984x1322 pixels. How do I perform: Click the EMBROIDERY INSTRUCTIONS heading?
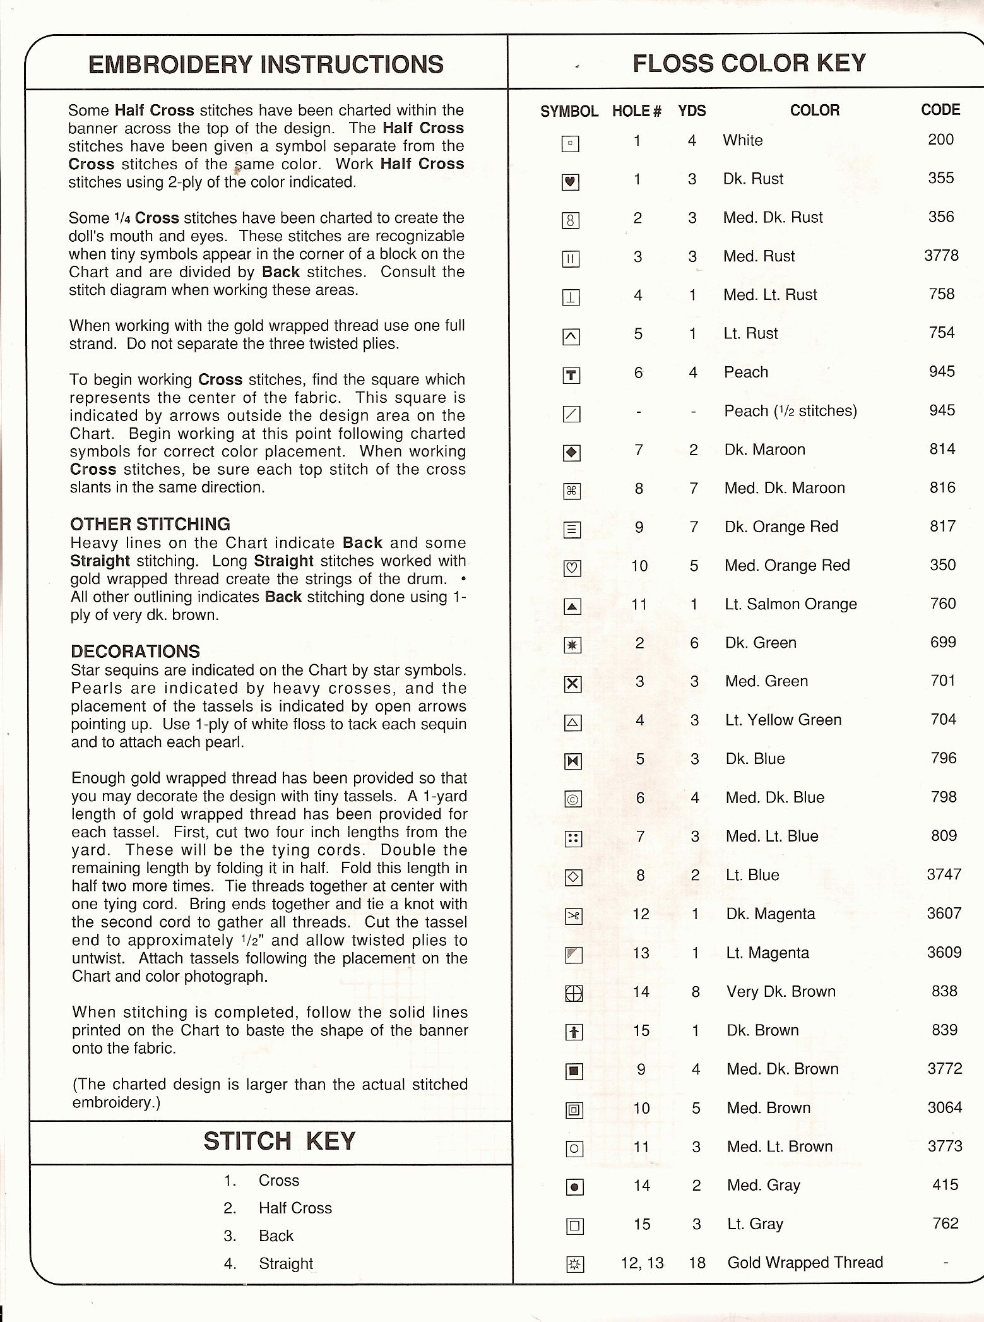pos(266,64)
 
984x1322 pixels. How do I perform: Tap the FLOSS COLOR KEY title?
pos(749,63)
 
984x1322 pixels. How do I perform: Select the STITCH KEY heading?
pos(279,1141)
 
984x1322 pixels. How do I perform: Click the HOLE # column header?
pos(636,112)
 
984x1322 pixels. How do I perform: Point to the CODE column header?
pos(940,110)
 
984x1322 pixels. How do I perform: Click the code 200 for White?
pos(940,140)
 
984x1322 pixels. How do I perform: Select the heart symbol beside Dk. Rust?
pos(571,182)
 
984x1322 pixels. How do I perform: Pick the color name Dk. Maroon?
pos(764,450)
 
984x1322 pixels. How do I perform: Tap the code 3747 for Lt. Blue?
pos(944,874)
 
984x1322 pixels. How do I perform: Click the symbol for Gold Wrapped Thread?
pos(574,1264)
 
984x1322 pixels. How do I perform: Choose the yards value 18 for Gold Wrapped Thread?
pos(697,1263)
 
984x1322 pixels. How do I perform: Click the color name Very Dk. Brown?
pos(781,992)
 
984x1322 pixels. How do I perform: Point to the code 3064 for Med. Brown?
pos(944,1107)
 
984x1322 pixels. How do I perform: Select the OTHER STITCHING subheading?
pos(150,524)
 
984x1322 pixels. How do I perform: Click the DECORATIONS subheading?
pos(135,652)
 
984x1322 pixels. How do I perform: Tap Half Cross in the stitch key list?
pos(295,1208)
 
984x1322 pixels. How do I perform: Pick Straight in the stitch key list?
pos(286,1263)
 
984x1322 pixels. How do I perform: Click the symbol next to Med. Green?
pos(572,684)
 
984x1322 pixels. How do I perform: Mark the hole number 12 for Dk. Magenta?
pos(641,914)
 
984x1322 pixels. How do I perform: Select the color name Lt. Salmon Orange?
pos(791,604)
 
